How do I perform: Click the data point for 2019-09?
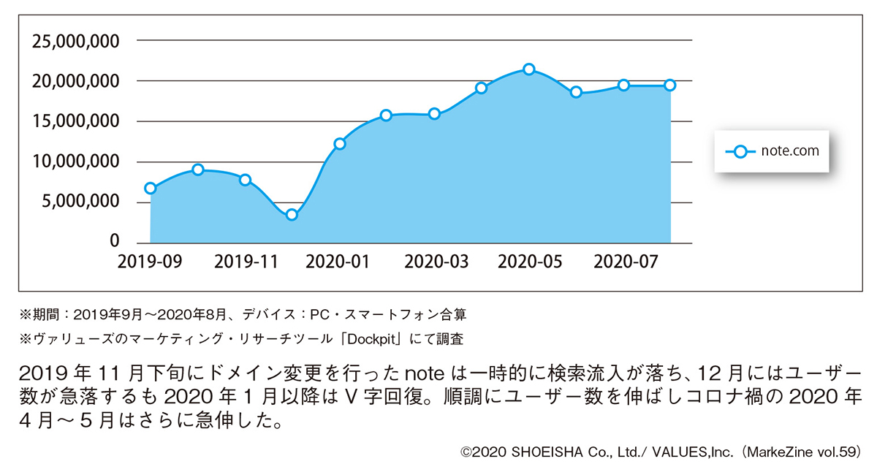pos(151,188)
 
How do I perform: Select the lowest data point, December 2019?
pos(292,215)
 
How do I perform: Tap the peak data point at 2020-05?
pos(529,69)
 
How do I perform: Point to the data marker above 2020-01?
pos(339,144)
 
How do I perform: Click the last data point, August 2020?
pos(670,85)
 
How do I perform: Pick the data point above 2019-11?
pos(245,180)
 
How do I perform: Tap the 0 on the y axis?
pos(114,242)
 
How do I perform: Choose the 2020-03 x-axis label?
pos(433,262)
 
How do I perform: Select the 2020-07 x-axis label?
pos(622,262)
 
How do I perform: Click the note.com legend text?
pos(790,151)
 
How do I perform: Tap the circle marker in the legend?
pos(741,152)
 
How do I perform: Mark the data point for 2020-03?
pos(434,114)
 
